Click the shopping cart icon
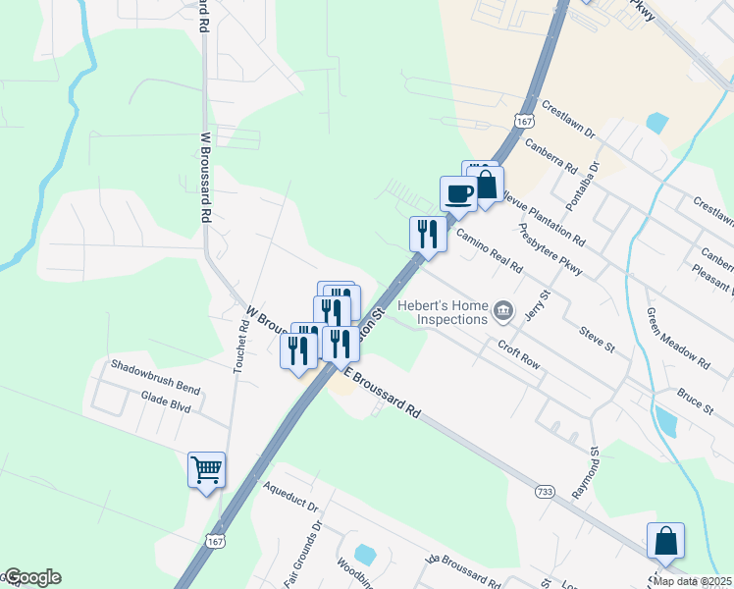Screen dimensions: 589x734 pos(206,470)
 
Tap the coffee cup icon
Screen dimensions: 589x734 pos(458,193)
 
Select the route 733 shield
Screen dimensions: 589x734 pos(546,490)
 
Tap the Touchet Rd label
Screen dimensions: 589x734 pos(239,347)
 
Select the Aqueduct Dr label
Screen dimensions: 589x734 pos(291,497)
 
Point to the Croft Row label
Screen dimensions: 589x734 pos(519,354)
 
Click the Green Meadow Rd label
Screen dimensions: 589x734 pos(678,338)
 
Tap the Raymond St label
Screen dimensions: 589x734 pos(595,474)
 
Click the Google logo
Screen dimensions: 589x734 pos(31,577)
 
